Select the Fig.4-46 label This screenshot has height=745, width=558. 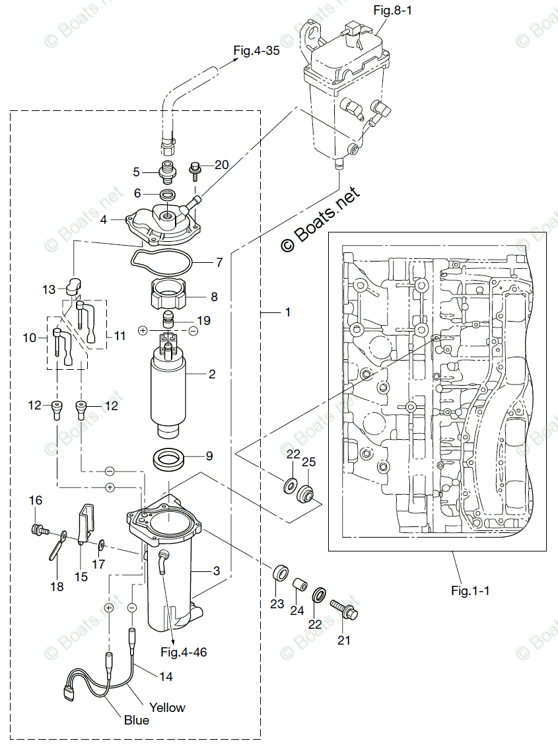[184, 652]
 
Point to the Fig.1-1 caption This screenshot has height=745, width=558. [470, 590]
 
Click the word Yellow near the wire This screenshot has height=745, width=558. [167, 707]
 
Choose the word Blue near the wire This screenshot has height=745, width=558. [137, 720]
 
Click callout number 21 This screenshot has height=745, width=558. [344, 639]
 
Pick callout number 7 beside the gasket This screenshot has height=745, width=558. [218, 263]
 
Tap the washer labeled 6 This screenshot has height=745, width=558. [168, 195]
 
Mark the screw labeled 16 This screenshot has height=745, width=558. [38, 530]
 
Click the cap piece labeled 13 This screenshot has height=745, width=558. [72, 285]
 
